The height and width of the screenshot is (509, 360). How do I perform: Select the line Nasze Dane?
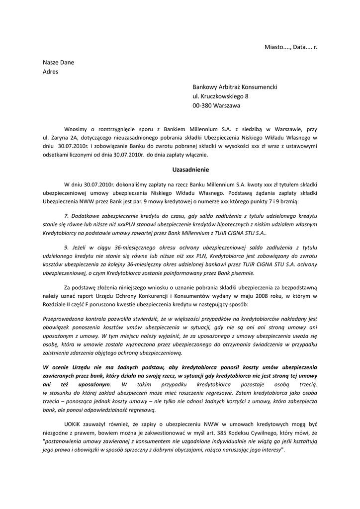pos(58,63)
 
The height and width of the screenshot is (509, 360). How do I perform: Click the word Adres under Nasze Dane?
pos(50,72)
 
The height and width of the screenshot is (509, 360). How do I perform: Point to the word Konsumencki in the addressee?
pos(260,86)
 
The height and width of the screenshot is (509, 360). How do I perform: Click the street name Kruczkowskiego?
pos(221,96)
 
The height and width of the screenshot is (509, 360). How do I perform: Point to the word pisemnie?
pos(243,273)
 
